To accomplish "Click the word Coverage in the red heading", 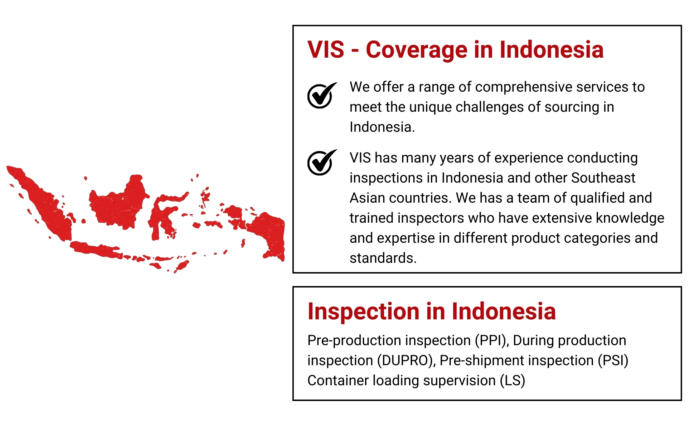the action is coord(417,50).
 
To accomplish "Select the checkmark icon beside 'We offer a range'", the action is coord(322,95).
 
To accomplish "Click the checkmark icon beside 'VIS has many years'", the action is coord(322,163).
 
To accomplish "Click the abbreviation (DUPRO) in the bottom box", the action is coord(406,361).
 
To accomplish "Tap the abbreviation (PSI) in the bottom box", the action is coord(613,361).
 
